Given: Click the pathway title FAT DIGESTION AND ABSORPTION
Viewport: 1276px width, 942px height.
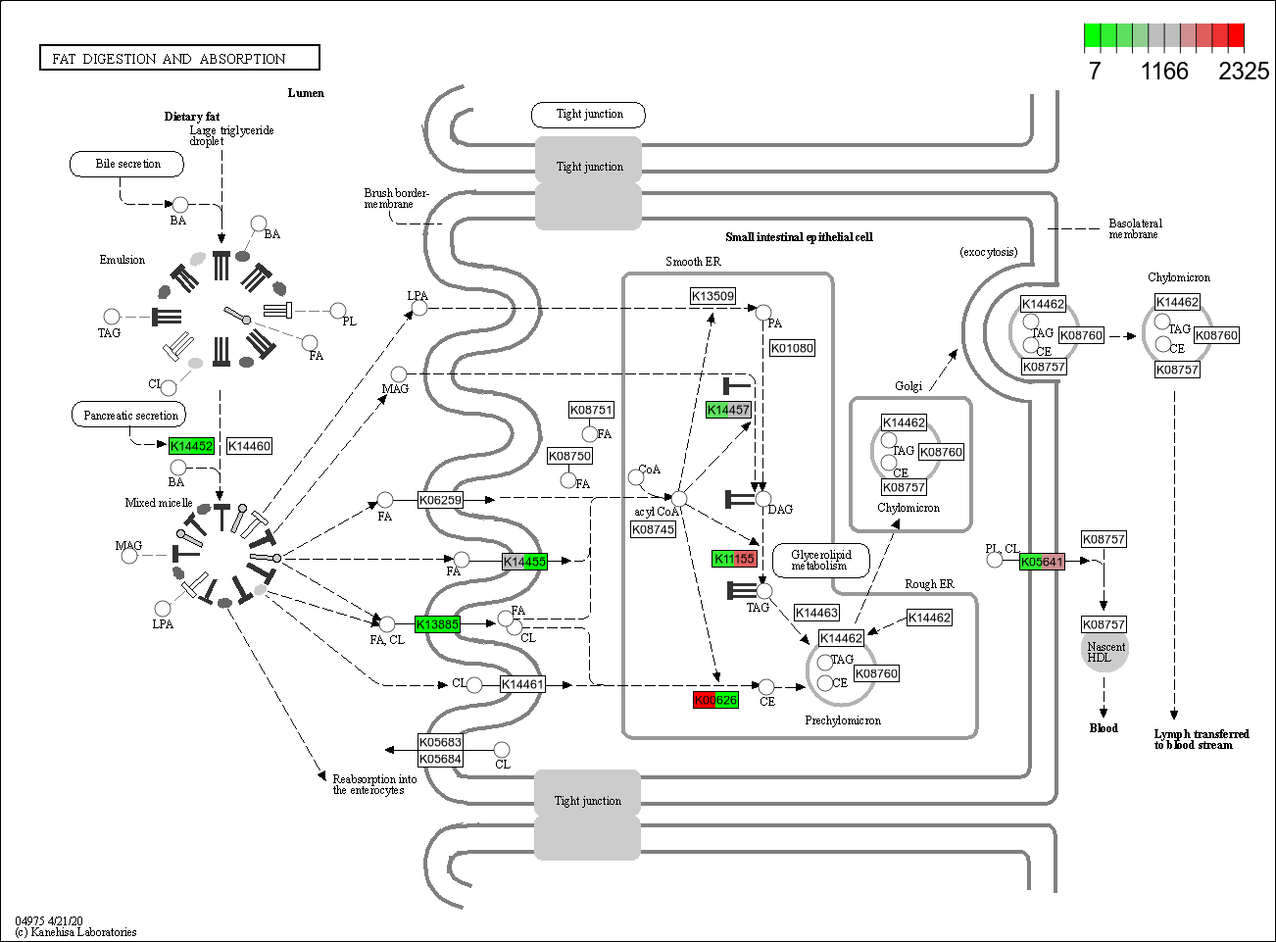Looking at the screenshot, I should pos(179,59).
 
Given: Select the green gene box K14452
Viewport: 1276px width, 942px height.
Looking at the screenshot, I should pos(191,446).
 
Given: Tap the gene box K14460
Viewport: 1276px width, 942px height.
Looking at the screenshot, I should pos(249,446).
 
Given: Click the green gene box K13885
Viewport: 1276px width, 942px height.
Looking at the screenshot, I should pos(437,624).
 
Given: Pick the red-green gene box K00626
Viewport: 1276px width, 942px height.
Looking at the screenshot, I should pos(715,700).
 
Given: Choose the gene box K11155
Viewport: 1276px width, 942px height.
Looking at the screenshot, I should pos(734,559).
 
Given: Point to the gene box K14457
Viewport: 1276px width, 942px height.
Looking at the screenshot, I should pos(728,410).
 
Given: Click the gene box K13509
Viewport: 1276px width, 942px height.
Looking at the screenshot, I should pos(712,296).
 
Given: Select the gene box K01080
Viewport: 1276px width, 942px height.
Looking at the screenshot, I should pos(792,348).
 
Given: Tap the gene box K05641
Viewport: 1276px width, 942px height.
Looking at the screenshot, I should pos(1042,562).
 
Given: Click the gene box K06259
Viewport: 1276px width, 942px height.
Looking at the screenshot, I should pos(440,500).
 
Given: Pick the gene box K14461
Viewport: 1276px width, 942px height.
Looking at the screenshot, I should pos(522,684).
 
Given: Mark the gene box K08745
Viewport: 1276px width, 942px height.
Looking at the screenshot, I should pos(653,529).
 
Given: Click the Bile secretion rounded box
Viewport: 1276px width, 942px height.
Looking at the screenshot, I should pos(127,164).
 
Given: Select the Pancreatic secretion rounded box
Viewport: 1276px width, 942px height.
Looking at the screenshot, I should pos(130,415).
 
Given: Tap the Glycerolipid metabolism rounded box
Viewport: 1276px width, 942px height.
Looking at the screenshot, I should pos(821,560).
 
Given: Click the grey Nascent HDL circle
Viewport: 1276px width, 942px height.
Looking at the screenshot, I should pos(1104,652).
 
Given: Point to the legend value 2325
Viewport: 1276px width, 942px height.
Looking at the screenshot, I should pos(1244,71).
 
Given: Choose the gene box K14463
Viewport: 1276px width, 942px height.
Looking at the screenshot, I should pos(816,613).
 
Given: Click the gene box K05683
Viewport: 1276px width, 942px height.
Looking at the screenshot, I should pos(440,742).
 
